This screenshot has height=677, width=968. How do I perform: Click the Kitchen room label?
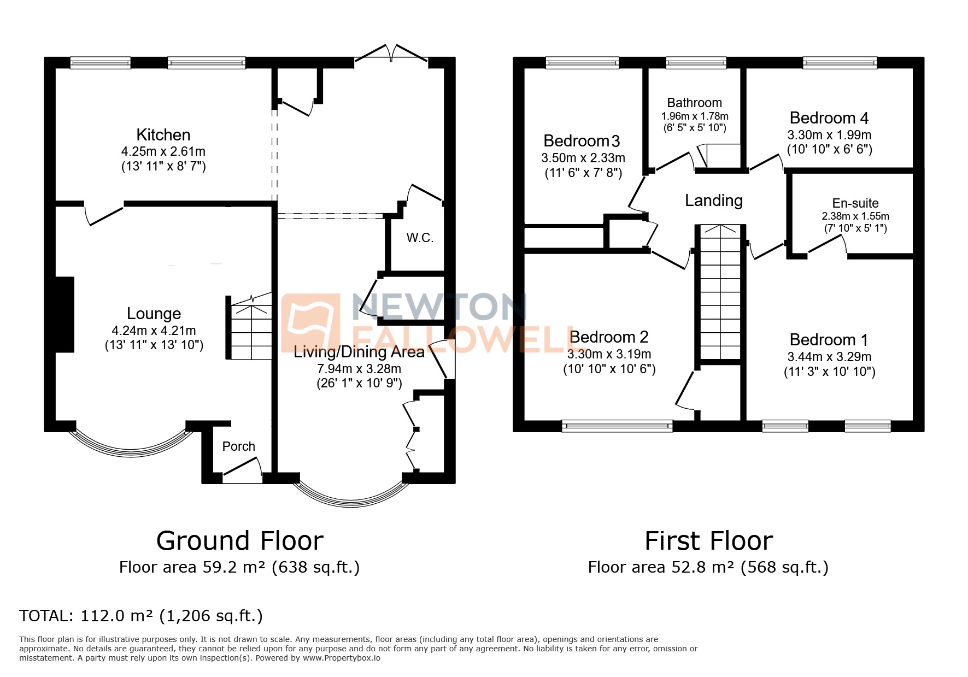(x=163, y=135)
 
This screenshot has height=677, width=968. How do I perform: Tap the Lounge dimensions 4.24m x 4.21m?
(x=154, y=331)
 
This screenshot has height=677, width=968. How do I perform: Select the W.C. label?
(x=420, y=238)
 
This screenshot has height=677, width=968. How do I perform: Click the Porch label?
(x=238, y=446)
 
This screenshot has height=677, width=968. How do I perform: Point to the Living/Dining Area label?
(x=359, y=352)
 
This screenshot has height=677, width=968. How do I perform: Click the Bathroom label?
(x=694, y=103)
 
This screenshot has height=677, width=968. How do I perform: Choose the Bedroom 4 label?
(x=829, y=118)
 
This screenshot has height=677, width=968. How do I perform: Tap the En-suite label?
(x=855, y=203)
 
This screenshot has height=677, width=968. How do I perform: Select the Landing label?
(x=713, y=201)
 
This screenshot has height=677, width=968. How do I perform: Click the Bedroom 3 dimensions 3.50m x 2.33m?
(x=583, y=158)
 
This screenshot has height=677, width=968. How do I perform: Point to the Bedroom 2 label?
(x=608, y=337)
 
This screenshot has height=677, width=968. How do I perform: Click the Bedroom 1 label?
(x=829, y=340)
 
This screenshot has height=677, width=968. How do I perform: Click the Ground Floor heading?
(x=239, y=541)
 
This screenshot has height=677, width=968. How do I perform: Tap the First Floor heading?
(x=708, y=541)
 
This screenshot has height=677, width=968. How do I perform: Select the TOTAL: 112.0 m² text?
(x=141, y=616)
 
